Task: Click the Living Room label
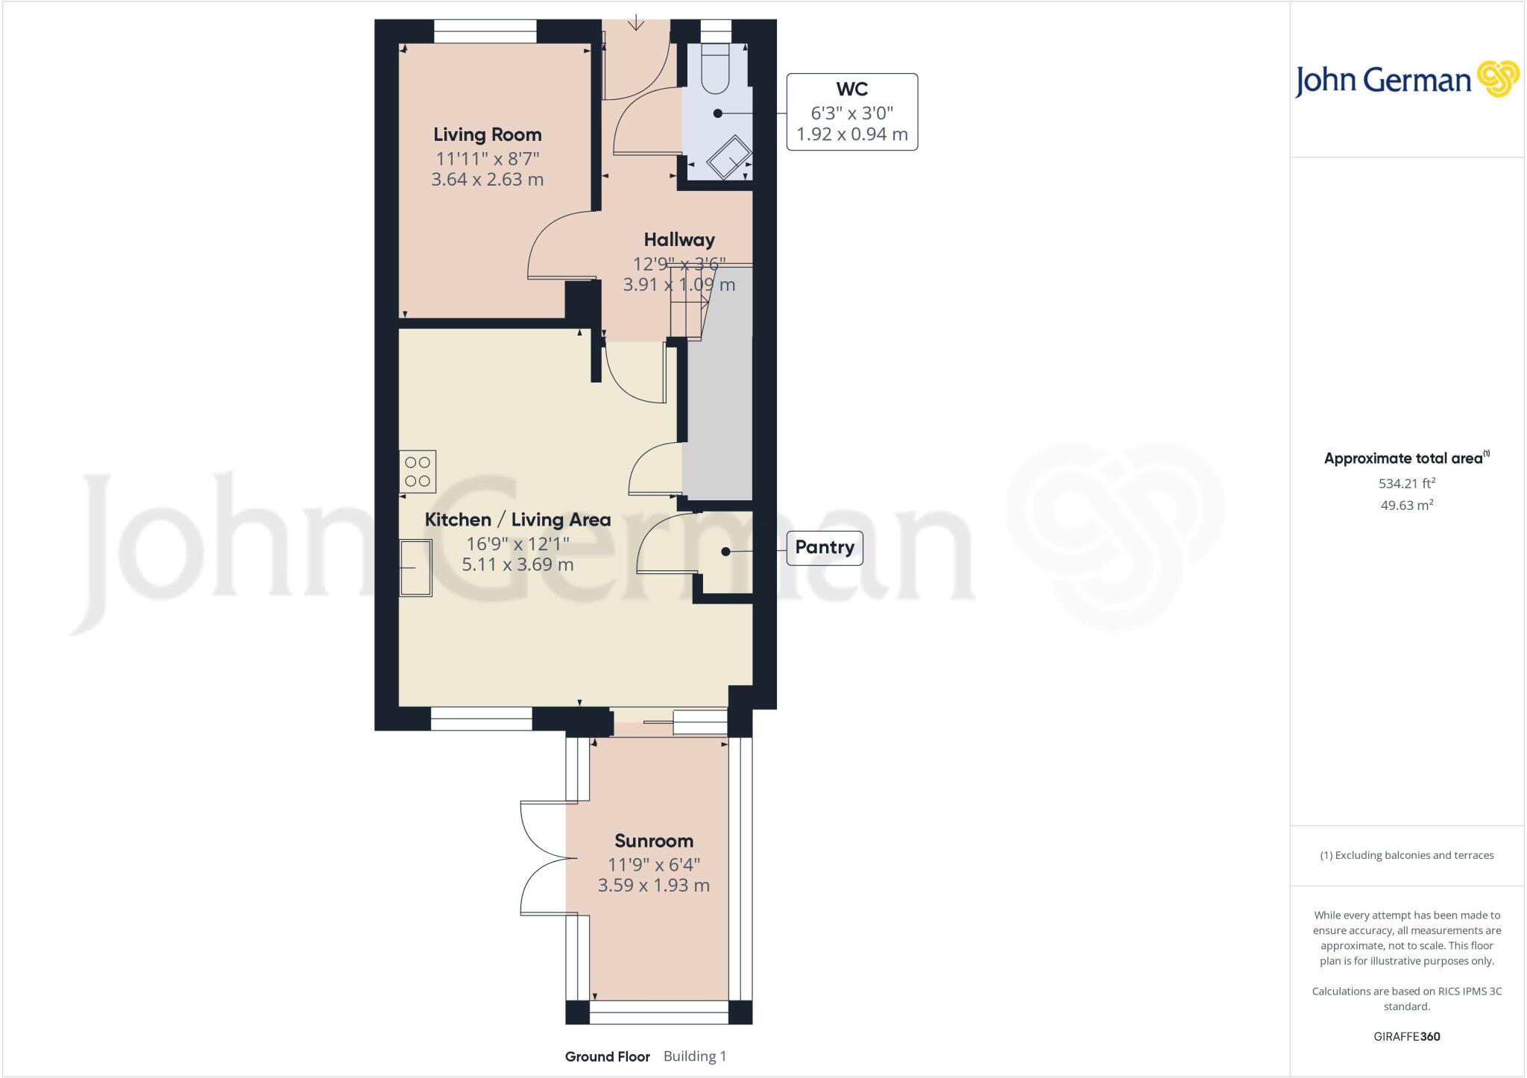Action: click(487, 135)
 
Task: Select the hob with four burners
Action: click(418, 472)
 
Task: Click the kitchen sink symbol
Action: click(416, 568)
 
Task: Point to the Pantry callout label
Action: click(824, 547)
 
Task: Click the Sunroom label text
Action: click(653, 841)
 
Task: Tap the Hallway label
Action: click(679, 240)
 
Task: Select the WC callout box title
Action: click(851, 89)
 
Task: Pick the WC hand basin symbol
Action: click(729, 157)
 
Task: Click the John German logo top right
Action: click(1406, 80)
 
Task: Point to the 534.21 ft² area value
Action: click(1406, 483)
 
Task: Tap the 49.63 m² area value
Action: click(1406, 505)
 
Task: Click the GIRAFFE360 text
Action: click(1406, 1036)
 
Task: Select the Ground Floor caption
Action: click(607, 1056)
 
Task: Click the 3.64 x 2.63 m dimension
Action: click(487, 180)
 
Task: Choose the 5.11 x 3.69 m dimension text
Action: click(517, 564)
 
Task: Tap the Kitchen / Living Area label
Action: click(517, 520)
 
